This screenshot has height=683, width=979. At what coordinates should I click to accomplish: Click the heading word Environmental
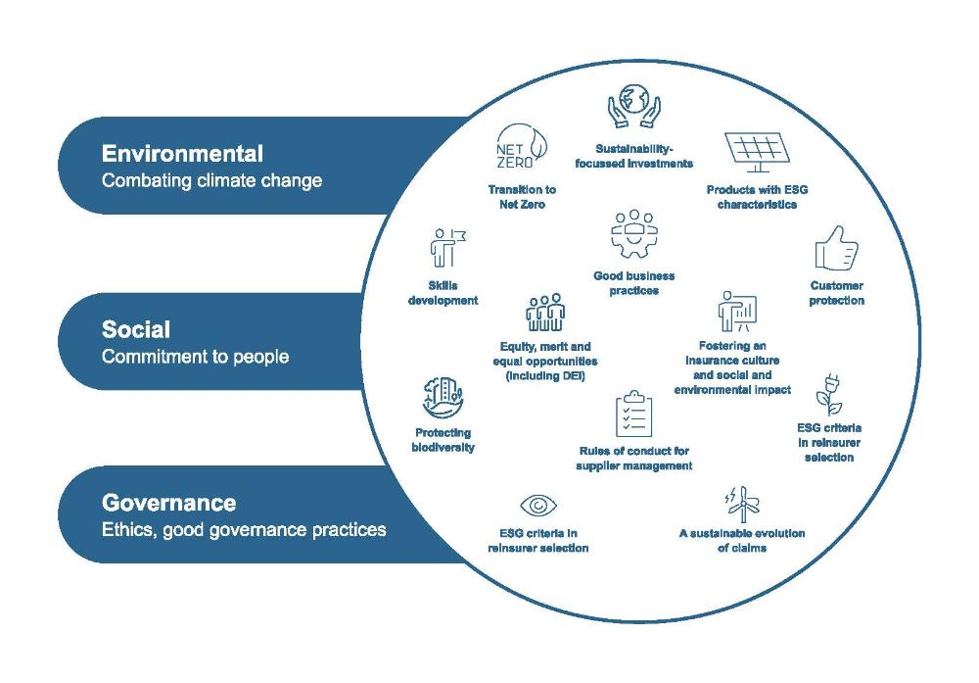coord(182,154)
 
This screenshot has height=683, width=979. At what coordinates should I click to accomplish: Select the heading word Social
coord(136,330)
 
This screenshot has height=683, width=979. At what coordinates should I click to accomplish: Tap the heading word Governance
coord(169,503)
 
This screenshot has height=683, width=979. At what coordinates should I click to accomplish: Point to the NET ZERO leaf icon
coord(522,147)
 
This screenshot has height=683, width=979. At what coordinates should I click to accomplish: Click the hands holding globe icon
coord(633,106)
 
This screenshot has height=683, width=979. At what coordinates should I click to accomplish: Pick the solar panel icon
coord(757,152)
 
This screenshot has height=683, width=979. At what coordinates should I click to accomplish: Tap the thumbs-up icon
coord(837,248)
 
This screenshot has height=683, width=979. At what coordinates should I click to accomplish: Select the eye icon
coord(538,505)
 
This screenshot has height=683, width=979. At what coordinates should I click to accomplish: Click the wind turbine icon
coord(742,505)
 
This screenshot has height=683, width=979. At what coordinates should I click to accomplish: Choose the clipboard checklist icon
coord(633,414)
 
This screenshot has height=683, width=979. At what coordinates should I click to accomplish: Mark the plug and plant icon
coord(829,395)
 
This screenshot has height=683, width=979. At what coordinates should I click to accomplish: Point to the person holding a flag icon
coord(447,248)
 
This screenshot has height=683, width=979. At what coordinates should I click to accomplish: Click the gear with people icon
coord(633,234)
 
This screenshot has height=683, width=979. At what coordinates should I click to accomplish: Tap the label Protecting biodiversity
coord(443,440)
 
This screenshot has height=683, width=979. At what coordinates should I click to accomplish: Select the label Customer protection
coord(837,293)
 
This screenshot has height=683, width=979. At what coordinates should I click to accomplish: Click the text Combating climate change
coord(212,180)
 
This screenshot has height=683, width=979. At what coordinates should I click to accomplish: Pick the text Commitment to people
coord(196,357)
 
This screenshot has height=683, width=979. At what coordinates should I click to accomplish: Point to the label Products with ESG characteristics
coord(757,197)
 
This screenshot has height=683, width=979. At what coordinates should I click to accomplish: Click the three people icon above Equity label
coord(545,312)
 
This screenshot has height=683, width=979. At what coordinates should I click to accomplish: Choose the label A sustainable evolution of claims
coord(742,541)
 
